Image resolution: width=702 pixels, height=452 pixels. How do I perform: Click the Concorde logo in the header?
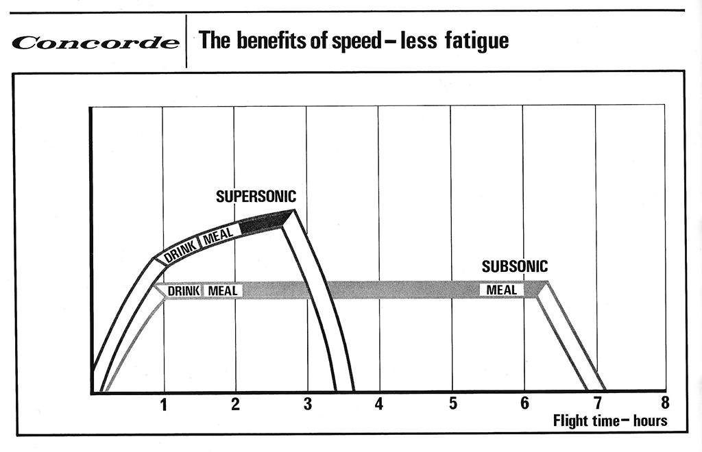pyautogui.click(x=96, y=42)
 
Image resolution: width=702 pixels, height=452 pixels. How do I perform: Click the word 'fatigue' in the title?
pyautogui.click(x=480, y=41)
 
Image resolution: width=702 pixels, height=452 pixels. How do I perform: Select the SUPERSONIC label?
pyautogui.click(x=256, y=197)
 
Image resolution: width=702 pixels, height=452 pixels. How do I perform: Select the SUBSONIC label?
pyautogui.click(x=515, y=266)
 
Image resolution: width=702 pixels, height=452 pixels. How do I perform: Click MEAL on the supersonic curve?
pyautogui.click(x=219, y=236)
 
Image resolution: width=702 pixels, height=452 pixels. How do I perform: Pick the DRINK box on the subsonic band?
pyautogui.click(x=183, y=291)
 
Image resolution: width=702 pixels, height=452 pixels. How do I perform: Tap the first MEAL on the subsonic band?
pyautogui.click(x=222, y=291)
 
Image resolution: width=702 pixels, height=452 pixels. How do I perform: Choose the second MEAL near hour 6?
pyautogui.click(x=502, y=290)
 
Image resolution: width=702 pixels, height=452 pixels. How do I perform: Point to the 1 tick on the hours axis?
pyautogui.click(x=163, y=405)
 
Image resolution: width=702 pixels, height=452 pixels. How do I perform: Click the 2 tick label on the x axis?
pyautogui.click(x=235, y=404)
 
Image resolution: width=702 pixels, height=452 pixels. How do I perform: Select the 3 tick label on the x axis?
pyautogui.click(x=307, y=405)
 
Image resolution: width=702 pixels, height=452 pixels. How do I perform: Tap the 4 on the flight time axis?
pyautogui.click(x=379, y=404)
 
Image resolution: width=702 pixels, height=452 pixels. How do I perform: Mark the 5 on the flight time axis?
pyautogui.click(x=452, y=404)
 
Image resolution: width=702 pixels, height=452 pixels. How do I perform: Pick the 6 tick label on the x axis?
pyautogui.click(x=524, y=403)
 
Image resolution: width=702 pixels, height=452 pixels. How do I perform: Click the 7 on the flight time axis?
pyautogui.click(x=597, y=404)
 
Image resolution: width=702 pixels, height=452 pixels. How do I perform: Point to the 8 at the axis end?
pyautogui.click(x=664, y=403)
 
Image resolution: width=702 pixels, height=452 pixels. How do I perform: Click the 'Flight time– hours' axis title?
pyautogui.click(x=609, y=420)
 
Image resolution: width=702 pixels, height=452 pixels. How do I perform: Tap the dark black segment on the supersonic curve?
pyautogui.click(x=264, y=223)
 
